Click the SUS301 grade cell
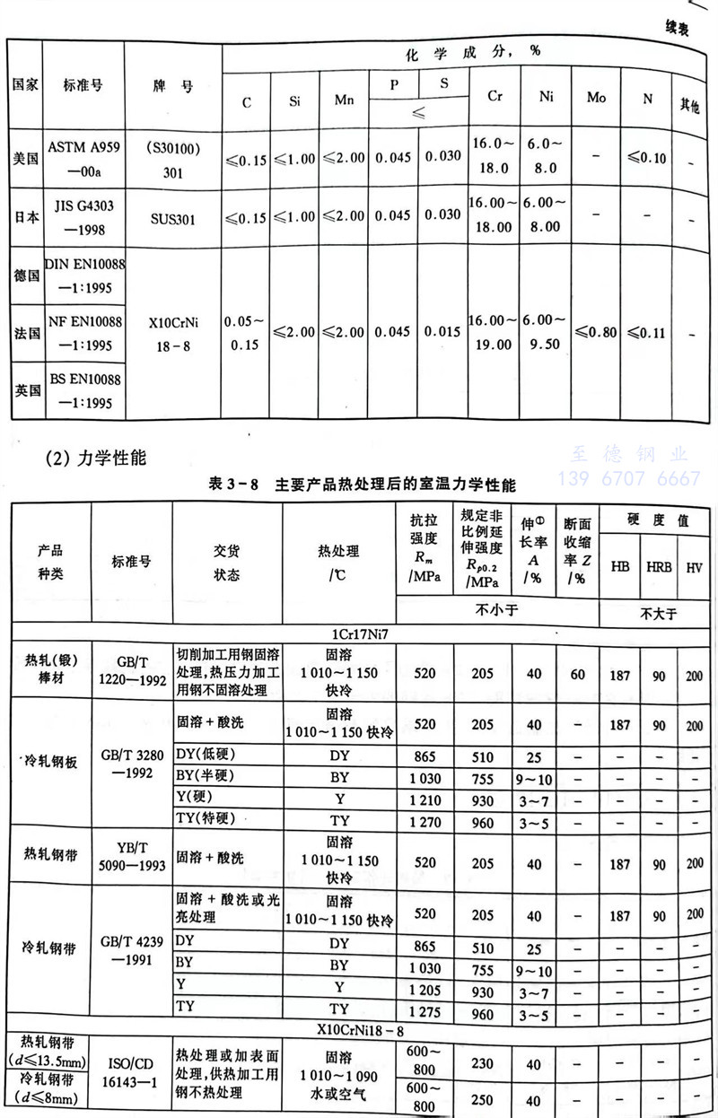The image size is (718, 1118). pos(172,217)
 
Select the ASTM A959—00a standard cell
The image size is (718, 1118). pos(83,158)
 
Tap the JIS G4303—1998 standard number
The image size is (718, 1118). pos(83,217)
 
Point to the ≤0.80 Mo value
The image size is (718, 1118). pos(596,333)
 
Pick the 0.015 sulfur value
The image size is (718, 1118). pos(442,333)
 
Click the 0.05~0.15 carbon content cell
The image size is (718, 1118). pos(245,333)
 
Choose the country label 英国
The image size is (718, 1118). pos(26,391)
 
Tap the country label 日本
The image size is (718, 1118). pos(26,217)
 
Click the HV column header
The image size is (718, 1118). pos(695,568)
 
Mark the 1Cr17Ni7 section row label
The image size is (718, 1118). pos(359,633)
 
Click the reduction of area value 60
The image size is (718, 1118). pos(577,673)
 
